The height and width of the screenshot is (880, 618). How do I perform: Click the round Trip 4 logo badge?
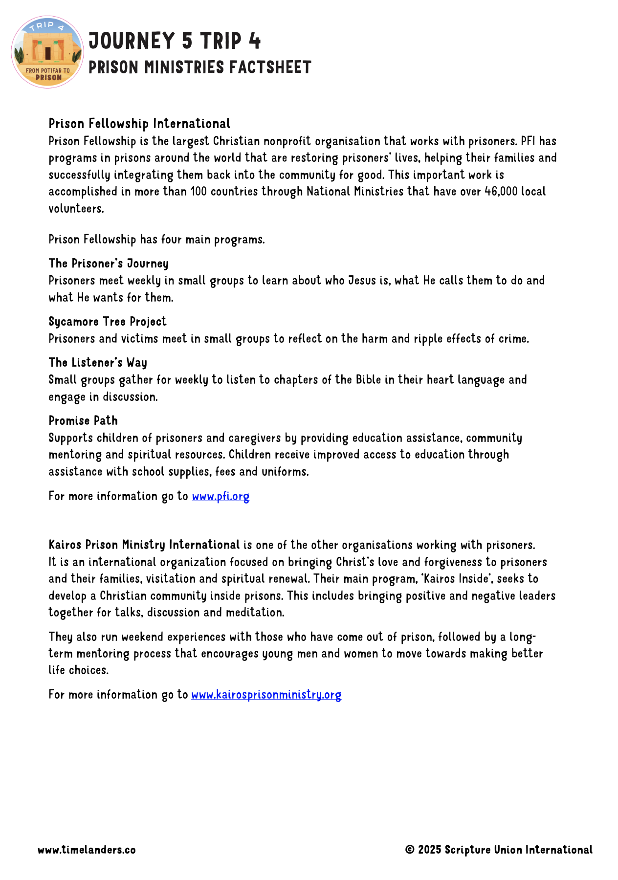pos(47,52)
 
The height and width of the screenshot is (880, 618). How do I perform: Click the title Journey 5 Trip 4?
pos(175,41)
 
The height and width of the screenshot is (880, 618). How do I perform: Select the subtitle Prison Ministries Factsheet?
pos(199,67)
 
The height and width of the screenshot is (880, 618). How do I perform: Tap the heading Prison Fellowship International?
pos(139,124)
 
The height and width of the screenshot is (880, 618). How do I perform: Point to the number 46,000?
pos(501,192)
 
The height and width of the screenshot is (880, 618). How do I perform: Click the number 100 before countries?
pos(199,192)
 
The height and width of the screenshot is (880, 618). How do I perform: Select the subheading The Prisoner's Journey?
pos(109,264)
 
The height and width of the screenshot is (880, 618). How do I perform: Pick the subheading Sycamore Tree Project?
pos(108,322)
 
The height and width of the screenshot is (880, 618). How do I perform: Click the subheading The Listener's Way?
pos(98,363)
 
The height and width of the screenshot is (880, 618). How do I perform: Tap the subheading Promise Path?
pos(83,421)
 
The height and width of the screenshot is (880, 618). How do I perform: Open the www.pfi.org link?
pos(221,497)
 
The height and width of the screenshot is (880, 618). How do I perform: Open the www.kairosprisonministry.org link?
pos(266,695)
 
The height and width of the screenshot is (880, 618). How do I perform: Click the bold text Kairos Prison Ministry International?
pos(144,545)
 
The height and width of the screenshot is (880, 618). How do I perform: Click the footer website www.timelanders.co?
pos(87,850)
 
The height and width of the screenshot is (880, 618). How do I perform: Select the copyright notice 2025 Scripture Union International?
pos(499,850)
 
